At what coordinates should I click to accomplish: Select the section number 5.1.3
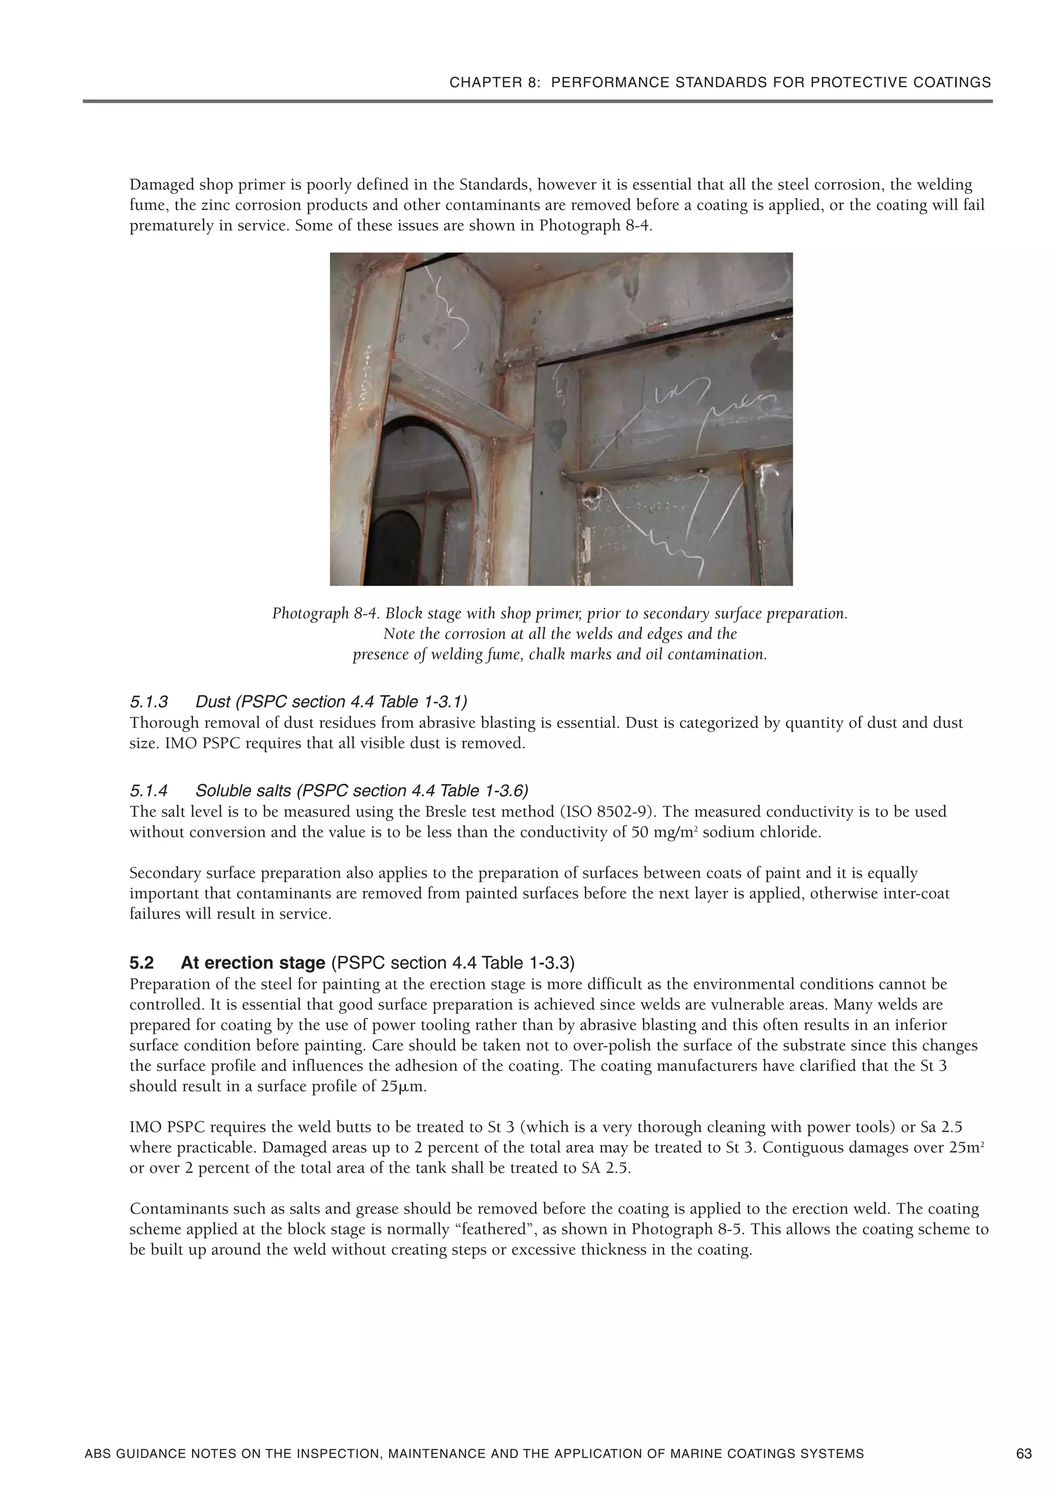coord(149,702)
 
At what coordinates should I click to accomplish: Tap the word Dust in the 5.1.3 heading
coord(213,702)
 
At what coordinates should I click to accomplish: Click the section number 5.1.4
coord(149,791)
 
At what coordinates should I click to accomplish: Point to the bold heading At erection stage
coord(253,962)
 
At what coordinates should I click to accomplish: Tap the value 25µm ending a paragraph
coord(403,1087)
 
